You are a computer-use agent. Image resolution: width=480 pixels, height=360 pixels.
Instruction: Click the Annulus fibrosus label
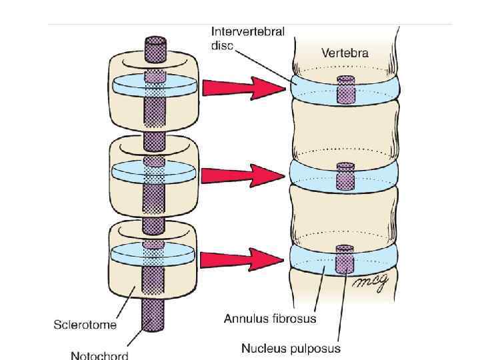pos(269,318)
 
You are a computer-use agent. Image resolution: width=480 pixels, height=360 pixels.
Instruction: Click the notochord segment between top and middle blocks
pos(154,141)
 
